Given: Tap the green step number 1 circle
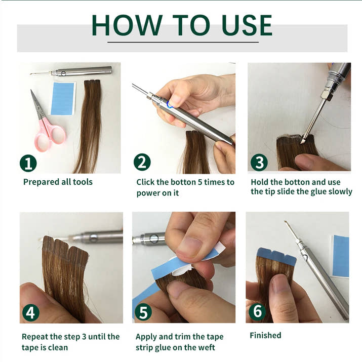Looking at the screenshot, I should coord(28,163).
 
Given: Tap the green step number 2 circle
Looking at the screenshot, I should coord(142,163).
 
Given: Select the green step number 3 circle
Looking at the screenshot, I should coord(258,163).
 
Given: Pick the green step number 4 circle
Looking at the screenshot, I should coord(30,312).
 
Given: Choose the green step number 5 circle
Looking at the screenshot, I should coord(143,312).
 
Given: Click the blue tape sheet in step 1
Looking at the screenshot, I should coord(63,99).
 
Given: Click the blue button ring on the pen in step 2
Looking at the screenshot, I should coord(170,105).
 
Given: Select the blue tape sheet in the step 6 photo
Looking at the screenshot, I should coord(341,256).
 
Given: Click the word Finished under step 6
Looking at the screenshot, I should coord(265,335).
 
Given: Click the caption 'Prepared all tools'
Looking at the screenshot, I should coord(58,182).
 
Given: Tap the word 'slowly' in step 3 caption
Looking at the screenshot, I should coord(339,191).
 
